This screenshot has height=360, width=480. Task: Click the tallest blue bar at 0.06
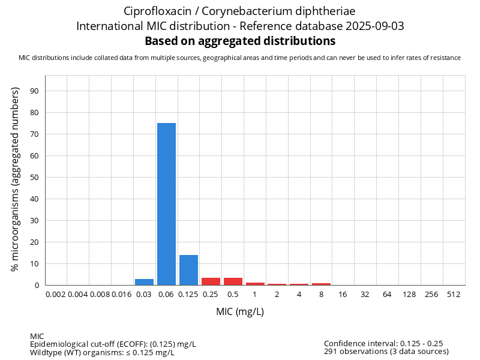[166, 204]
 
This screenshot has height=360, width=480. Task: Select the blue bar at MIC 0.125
[188, 270]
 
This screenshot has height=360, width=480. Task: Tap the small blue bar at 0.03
[144, 282]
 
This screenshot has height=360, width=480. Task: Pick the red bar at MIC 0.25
[211, 281]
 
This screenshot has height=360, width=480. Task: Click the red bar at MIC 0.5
[233, 281]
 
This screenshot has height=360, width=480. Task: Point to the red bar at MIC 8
[321, 284]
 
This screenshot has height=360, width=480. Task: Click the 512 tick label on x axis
[454, 295]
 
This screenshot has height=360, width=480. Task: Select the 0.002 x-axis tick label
[56, 295]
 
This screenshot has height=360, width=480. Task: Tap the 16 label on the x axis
[343, 295]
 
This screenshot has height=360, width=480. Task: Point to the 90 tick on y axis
[34, 91]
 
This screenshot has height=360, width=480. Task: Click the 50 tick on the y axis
[34, 178]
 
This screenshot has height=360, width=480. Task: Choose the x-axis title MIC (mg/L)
[240, 312]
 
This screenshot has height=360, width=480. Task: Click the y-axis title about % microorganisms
[16, 179]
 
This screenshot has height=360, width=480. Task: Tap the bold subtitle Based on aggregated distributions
[240, 41]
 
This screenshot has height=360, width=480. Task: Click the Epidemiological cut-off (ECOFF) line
[113, 344]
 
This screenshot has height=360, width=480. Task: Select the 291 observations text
[386, 352]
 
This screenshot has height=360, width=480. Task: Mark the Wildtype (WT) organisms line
[102, 352]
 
